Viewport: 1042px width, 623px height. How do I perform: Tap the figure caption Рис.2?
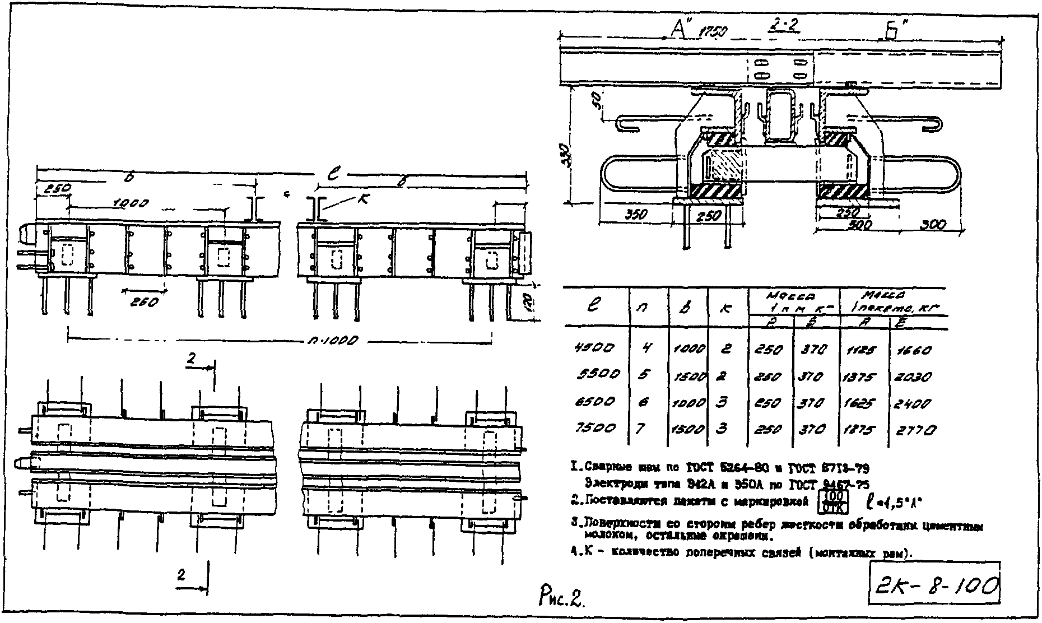[560, 601]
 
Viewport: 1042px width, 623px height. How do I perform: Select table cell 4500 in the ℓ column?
[594, 347]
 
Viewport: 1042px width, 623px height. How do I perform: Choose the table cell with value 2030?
[915, 377]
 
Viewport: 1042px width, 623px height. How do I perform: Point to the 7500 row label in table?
[594, 429]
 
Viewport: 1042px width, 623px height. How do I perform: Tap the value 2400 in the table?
[914, 403]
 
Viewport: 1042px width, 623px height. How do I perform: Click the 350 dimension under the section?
[635, 215]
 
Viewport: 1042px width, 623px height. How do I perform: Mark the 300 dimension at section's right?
[933, 225]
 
